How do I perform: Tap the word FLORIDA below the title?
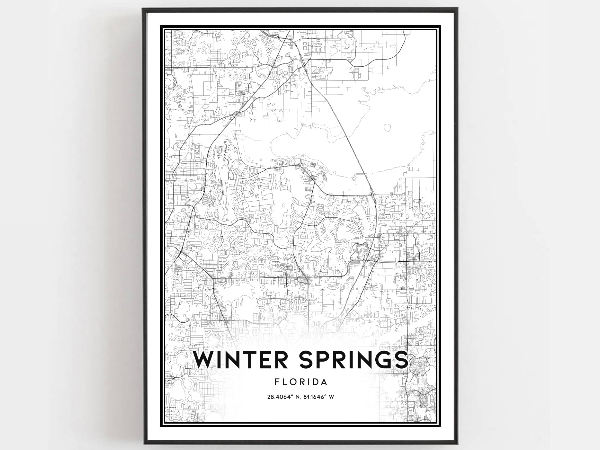coord(301,382)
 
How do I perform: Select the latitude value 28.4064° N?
coord(282,397)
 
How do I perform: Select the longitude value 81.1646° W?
coord(319,397)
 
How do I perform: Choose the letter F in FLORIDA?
coord(277,382)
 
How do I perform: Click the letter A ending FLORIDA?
coord(324,382)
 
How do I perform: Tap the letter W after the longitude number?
coord(331,397)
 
